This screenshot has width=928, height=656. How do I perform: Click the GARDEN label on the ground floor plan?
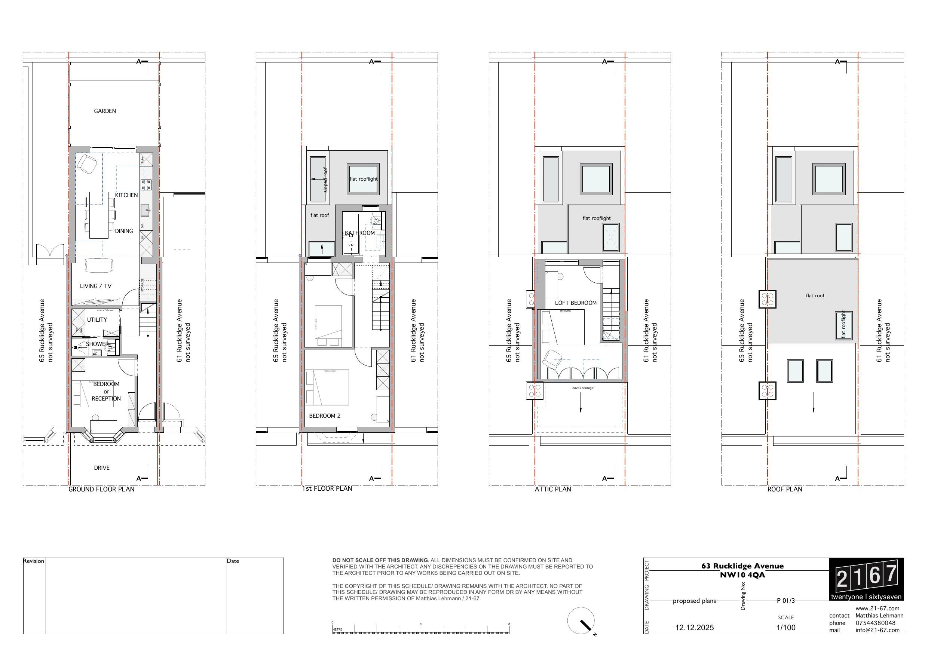(x=105, y=111)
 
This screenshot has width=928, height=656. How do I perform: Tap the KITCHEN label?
(x=126, y=195)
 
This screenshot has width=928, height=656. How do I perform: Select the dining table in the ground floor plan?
(x=99, y=215)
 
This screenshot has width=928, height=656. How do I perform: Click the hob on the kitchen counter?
(x=146, y=185)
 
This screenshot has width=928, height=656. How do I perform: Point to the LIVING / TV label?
(x=95, y=286)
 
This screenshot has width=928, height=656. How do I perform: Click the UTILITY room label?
(x=97, y=320)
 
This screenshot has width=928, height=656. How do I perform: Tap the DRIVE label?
(x=101, y=468)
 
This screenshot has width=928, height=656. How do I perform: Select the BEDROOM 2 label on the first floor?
(x=325, y=416)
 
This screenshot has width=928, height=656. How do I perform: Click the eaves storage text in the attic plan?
(x=583, y=388)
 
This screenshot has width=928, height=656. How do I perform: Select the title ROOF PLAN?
(x=784, y=490)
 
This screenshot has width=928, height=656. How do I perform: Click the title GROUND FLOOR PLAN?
(x=101, y=490)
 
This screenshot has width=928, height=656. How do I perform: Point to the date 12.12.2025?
(x=694, y=628)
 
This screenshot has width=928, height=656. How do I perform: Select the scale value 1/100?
(x=786, y=628)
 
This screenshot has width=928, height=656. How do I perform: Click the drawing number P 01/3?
(x=786, y=601)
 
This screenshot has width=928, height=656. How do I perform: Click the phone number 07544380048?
(x=876, y=623)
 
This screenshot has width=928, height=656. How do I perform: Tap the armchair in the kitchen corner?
(x=87, y=163)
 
